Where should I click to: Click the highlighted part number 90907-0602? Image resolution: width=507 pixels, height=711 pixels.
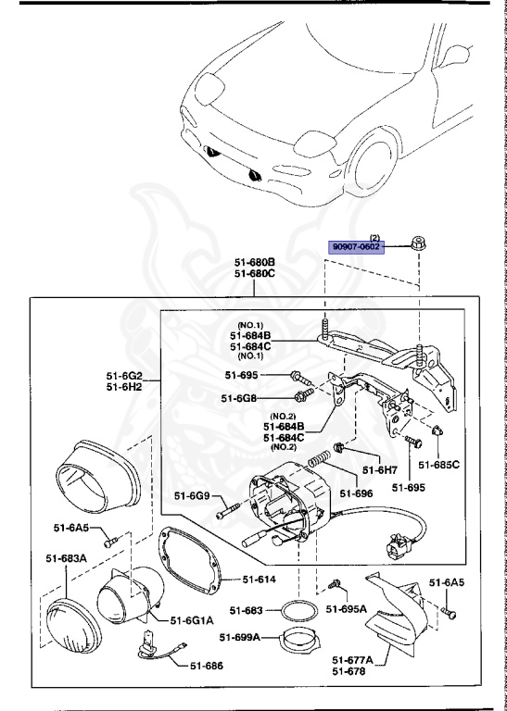[x=358, y=247]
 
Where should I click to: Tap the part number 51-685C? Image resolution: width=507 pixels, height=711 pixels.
[x=437, y=464]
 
